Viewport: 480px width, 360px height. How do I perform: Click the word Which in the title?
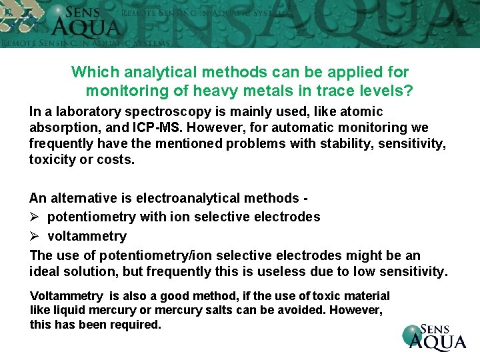pyautogui.click(x=93, y=71)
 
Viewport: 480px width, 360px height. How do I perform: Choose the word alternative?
pyautogui.click(x=83, y=198)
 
